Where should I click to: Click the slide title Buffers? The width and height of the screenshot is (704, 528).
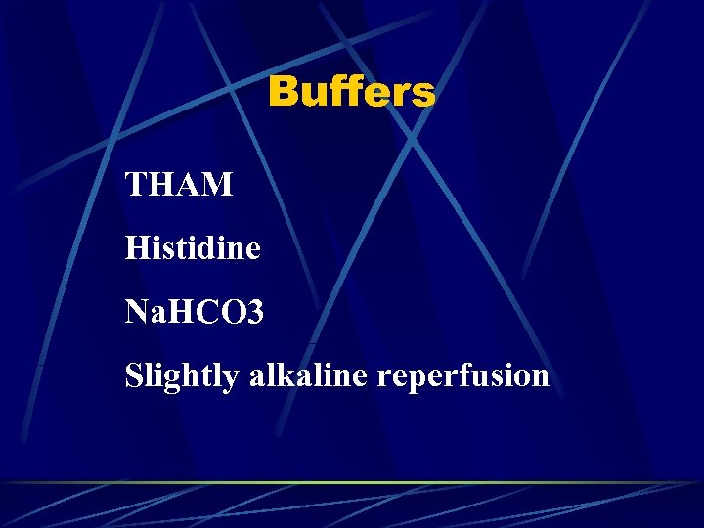click(351, 93)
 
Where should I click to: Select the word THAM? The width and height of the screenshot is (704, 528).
click(179, 184)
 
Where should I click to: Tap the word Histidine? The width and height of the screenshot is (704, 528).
click(193, 247)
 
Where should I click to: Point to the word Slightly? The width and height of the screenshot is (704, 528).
click(182, 376)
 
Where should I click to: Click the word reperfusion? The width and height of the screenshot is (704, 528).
click(459, 376)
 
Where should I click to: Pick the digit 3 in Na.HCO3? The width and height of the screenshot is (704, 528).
click(254, 312)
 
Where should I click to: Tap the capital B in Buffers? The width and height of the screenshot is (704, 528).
click(283, 93)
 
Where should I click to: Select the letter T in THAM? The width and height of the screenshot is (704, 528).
click(135, 184)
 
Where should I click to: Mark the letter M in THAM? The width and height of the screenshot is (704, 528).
click(218, 184)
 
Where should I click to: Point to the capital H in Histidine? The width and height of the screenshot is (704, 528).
click(136, 247)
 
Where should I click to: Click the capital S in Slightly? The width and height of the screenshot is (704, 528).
click(133, 375)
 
